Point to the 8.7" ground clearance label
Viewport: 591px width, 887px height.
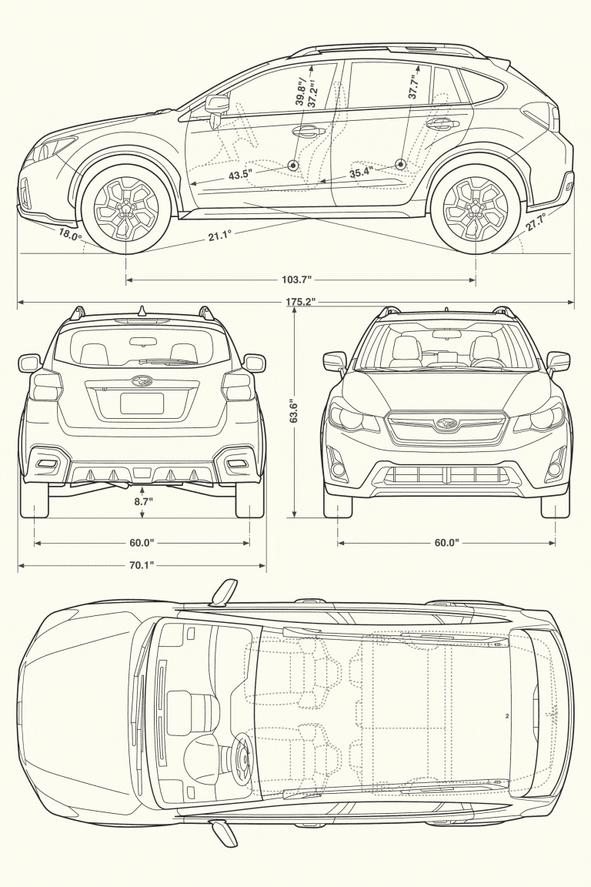pos(143,501)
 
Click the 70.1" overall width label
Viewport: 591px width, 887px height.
pos(142,566)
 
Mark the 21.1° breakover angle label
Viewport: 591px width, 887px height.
pos(219,236)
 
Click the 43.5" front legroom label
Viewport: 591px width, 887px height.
pos(240,175)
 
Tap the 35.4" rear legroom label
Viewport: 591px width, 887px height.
pos(361,173)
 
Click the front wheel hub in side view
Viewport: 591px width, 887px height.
pos(126,207)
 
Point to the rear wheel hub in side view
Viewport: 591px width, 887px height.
pos(476,206)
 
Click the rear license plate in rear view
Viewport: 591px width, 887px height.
pos(142,403)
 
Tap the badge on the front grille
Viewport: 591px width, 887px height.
pos(446,423)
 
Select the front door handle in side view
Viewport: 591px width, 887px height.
pos(306,131)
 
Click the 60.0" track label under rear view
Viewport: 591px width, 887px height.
pos(142,543)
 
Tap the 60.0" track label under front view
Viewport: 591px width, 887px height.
pos(446,543)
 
